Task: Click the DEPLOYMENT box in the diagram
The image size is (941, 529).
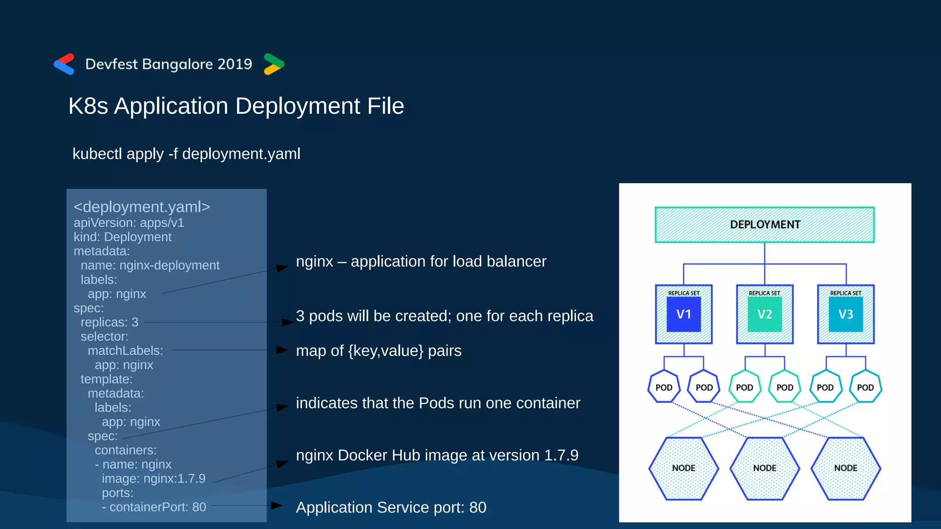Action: [765, 225]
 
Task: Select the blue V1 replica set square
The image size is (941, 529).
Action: [684, 314]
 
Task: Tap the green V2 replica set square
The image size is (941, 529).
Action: [765, 314]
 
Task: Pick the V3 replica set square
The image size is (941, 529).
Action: [845, 314]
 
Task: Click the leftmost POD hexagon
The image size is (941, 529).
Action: [664, 387]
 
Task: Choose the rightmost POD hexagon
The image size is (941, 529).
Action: [865, 387]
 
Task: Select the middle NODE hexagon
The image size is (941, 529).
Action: [765, 468]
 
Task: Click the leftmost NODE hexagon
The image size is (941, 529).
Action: [684, 468]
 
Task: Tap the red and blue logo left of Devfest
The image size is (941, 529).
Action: [64, 64]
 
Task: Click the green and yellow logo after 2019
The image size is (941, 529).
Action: [274, 64]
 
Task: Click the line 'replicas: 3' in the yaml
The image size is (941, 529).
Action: [109, 322]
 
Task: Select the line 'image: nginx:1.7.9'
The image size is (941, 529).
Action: [153, 478]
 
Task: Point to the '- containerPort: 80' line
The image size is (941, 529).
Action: [154, 507]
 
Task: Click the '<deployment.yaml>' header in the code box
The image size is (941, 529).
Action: [142, 207]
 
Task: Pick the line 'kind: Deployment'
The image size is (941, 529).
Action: [122, 237]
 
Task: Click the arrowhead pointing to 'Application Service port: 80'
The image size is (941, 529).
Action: [277, 506]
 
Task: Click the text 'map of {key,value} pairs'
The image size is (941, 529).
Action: [379, 351]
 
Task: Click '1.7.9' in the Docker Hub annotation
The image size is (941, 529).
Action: [561, 455]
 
